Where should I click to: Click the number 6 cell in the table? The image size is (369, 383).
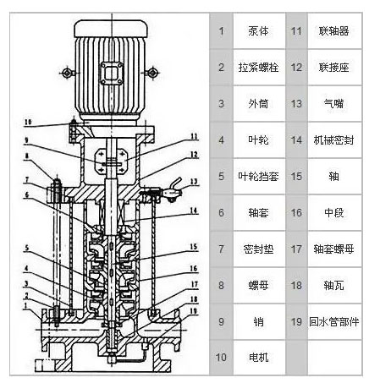tap(221, 212)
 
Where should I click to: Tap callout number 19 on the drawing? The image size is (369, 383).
tap(193, 309)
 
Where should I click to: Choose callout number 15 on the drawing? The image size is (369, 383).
tap(193, 246)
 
